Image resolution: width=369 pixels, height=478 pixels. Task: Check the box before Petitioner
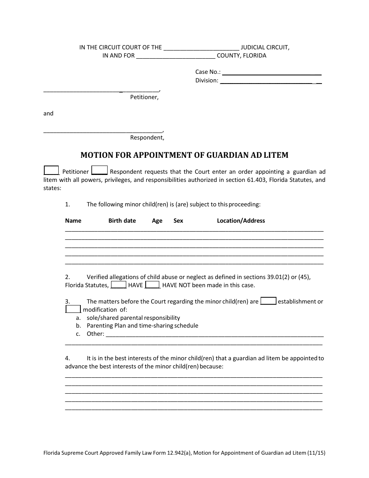(x=51, y=171)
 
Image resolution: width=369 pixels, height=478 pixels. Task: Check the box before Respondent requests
(x=99, y=171)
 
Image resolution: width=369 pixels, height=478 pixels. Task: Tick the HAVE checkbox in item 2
(x=118, y=285)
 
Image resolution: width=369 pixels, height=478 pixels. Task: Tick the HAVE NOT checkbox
(x=152, y=285)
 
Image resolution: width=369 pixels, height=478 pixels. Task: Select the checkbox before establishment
(x=268, y=301)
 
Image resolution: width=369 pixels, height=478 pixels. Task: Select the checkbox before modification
(x=73, y=309)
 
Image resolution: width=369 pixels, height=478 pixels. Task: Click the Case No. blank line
(x=272, y=72)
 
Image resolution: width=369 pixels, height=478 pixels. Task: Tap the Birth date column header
(x=122, y=221)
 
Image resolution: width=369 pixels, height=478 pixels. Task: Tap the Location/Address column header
(x=241, y=221)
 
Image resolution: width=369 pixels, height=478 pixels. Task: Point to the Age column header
(x=157, y=221)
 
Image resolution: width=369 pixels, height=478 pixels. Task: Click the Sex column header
(x=178, y=221)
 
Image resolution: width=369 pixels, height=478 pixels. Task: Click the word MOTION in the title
(x=94, y=155)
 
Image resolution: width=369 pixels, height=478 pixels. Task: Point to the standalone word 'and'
(x=48, y=113)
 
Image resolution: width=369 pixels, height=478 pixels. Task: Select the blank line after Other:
(x=214, y=334)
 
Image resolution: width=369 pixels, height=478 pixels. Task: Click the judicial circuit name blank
(x=201, y=48)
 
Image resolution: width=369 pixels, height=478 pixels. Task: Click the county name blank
(x=176, y=56)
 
